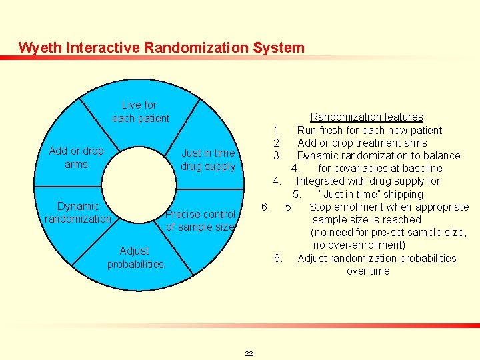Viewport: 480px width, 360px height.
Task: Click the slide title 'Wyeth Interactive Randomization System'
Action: click(161, 47)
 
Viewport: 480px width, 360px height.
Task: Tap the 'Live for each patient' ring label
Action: click(140, 111)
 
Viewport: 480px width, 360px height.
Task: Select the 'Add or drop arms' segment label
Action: click(76, 157)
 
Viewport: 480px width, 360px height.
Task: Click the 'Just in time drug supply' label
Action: click(208, 159)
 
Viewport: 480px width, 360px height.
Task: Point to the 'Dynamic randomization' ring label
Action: click(77, 213)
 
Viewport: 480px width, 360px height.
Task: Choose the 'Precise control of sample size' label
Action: click(200, 220)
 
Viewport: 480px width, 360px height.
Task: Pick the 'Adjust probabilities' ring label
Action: click(135, 257)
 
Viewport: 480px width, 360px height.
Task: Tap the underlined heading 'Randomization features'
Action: click(367, 117)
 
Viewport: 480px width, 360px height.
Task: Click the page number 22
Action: click(249, 353)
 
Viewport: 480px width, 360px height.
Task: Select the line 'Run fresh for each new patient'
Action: click(369, 130)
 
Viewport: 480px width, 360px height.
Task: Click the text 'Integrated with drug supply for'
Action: click(368, 181)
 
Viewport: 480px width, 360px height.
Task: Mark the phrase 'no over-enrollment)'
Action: click(368, 245)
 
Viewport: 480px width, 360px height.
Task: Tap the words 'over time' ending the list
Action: click(368, 271)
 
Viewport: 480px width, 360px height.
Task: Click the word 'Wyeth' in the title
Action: click(37, 47)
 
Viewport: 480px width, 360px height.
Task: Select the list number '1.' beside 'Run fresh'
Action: click(279, 130)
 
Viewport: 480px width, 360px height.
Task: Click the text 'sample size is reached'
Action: click(367, 219)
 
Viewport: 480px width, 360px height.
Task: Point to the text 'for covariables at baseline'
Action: click(380, 168)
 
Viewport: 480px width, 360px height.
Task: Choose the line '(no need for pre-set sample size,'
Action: click(388, 232)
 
